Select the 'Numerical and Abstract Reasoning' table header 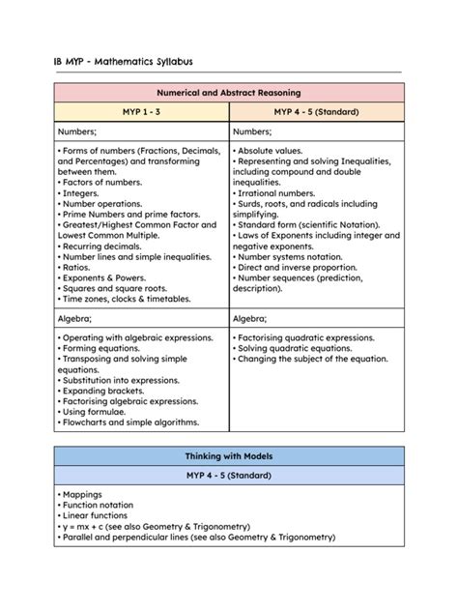228,93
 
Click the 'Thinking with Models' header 228,455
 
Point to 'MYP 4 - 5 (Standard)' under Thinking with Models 228,476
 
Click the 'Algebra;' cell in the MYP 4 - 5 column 250,317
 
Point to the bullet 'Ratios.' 77,267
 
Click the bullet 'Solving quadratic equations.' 296,348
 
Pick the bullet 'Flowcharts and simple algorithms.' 130,422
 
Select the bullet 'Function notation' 98,505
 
